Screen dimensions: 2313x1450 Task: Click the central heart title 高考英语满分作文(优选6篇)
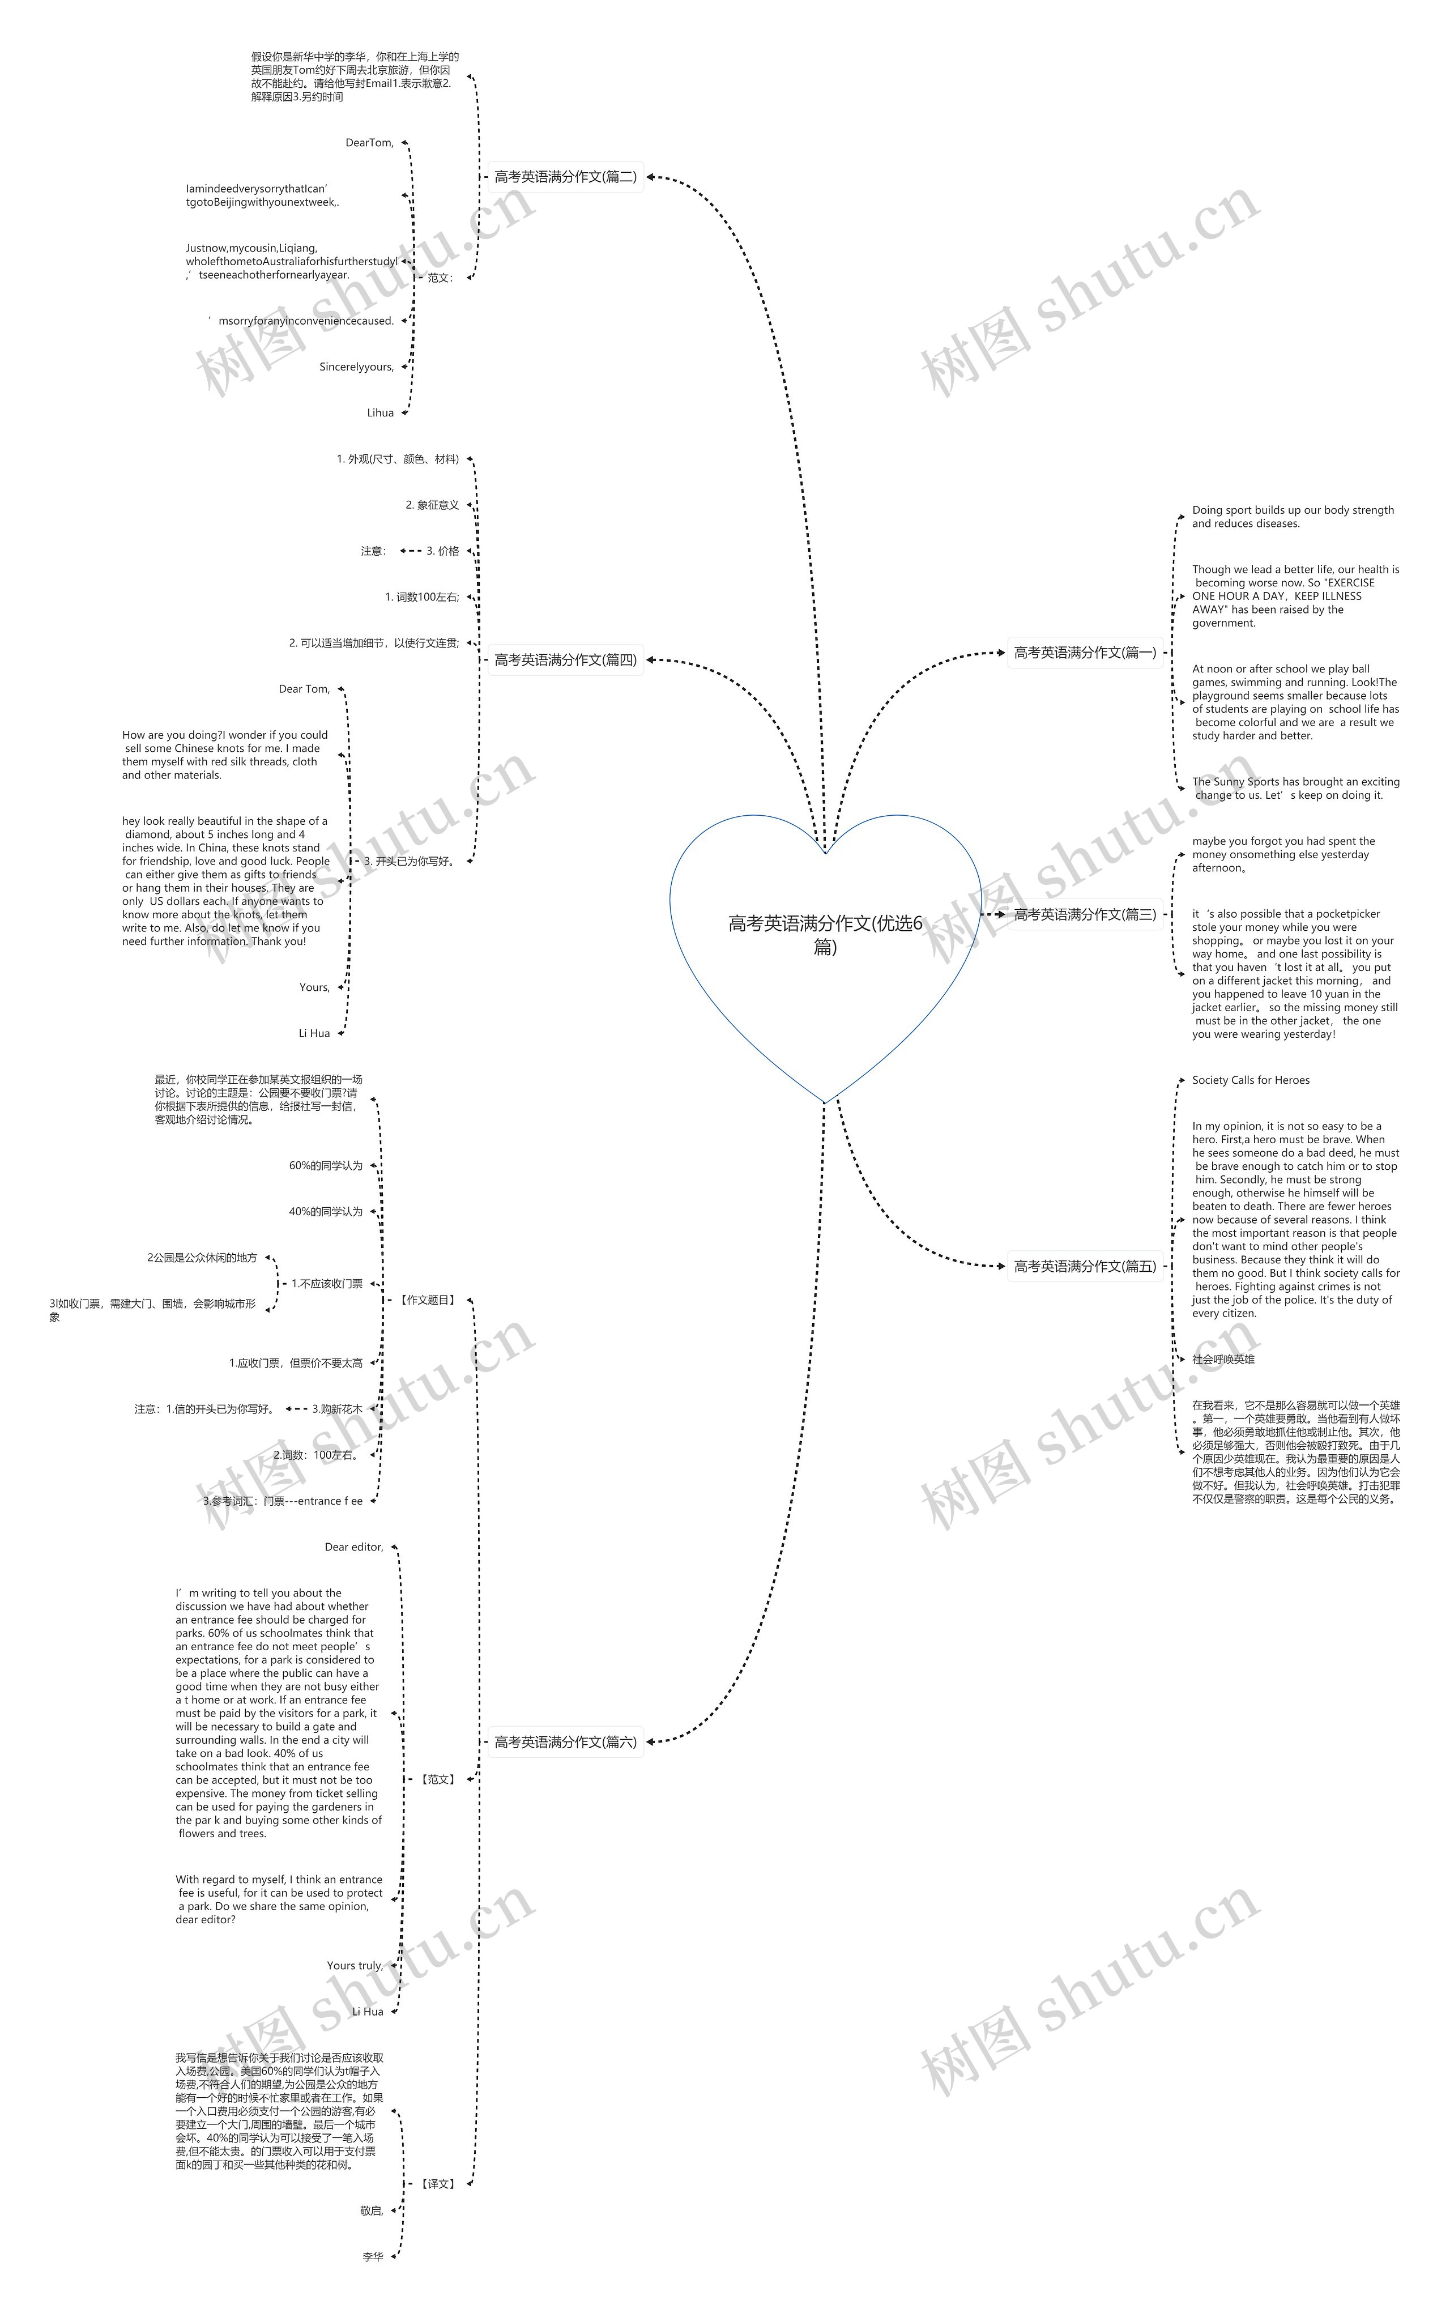[825, 934]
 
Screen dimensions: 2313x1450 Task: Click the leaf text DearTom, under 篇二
[369, 143]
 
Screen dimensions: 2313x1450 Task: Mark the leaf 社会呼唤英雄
[1223, 1360]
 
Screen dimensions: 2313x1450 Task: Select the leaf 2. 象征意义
[432, 505]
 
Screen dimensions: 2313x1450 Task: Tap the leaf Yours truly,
[355, 1966]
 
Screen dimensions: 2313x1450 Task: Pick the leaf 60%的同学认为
[326, 1166]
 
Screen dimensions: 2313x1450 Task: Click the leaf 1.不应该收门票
[327, 1284]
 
